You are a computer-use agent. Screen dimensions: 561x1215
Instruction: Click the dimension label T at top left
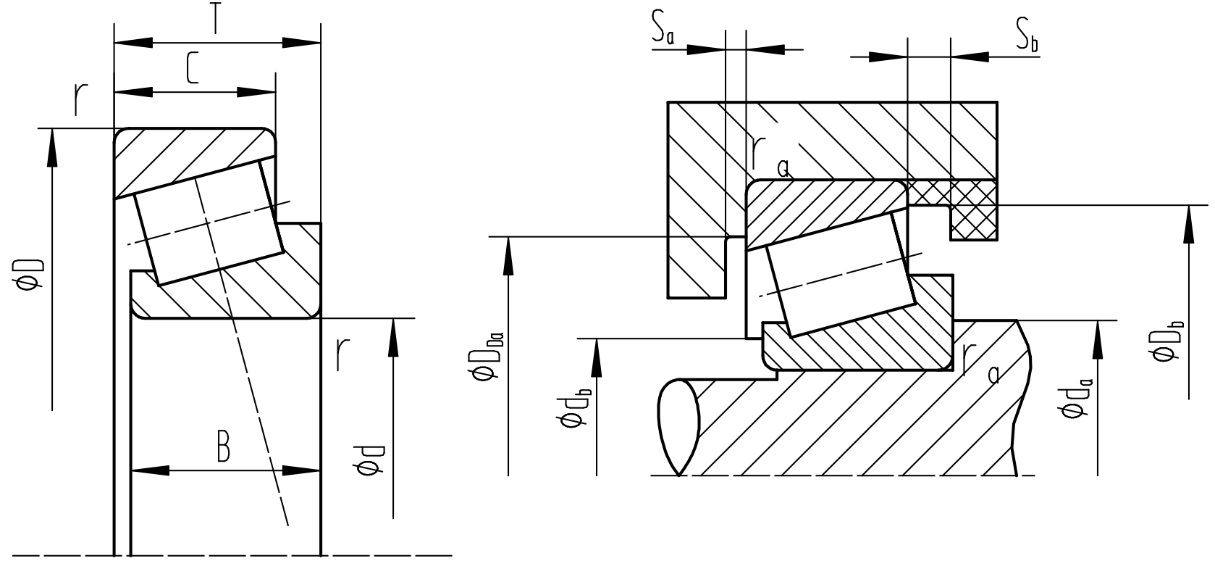click(x=215, y=20)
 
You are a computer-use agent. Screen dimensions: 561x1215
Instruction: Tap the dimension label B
click(x=224, y=448)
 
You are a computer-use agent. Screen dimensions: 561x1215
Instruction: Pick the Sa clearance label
click(x=662, y=31)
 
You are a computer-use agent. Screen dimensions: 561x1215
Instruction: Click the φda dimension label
click(x=1075, y=399)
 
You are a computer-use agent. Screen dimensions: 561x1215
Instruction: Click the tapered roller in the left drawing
click(x=208, y=220)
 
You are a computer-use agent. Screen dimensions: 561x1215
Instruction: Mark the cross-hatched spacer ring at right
click(x=973, y=210)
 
